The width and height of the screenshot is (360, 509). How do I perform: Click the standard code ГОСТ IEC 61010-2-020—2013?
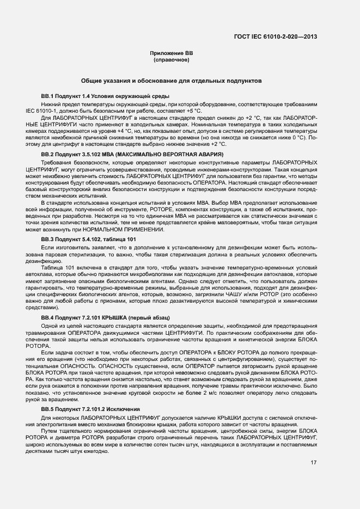coord(275,38)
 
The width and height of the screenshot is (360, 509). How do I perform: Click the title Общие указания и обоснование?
coord(171,80)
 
